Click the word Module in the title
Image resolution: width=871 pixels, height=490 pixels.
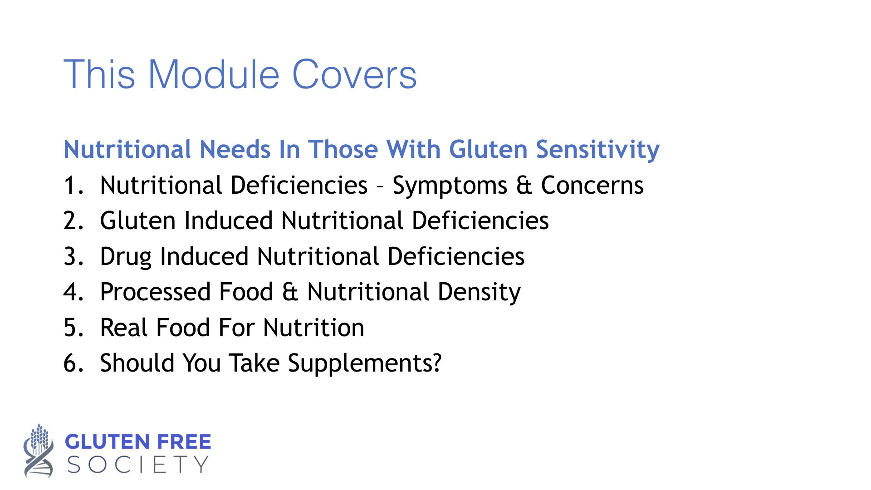pyautogui.click(x=214, y=74)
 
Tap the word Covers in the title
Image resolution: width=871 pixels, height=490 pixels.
pyautogui.click(x=354, y=74)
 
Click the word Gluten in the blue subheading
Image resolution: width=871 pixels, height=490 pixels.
pyautogui.click(x=488, y=149)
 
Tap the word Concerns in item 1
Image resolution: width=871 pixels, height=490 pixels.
pyautogui.click(x=592, y=186)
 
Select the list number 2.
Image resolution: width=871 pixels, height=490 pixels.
pyautogui.click(x=73, y=221)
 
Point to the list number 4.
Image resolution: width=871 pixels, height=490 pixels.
pyautogui.click(x=73, y=292)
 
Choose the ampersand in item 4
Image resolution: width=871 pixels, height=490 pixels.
pyautogui.click(x=290, y=292)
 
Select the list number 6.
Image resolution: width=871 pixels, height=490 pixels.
pyautogui.click(x=73, y=363)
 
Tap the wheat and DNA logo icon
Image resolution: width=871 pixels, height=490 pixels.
pyautogui.click(x=39, y=450)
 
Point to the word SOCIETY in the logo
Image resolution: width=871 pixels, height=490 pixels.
pyautogui.click(x=138, y=465)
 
